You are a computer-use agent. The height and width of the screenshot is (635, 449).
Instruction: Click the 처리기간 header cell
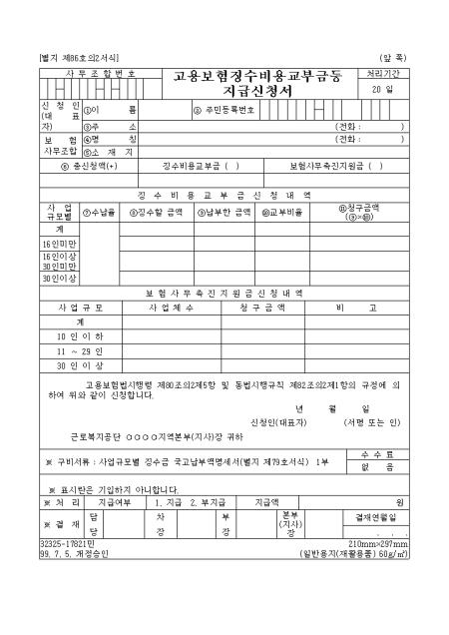(x=387, y=74)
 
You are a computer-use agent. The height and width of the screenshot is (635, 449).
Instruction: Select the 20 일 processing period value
(x=387, y=90)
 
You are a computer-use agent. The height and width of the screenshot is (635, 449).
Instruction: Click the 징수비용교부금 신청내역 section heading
(x=224, y=194)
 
